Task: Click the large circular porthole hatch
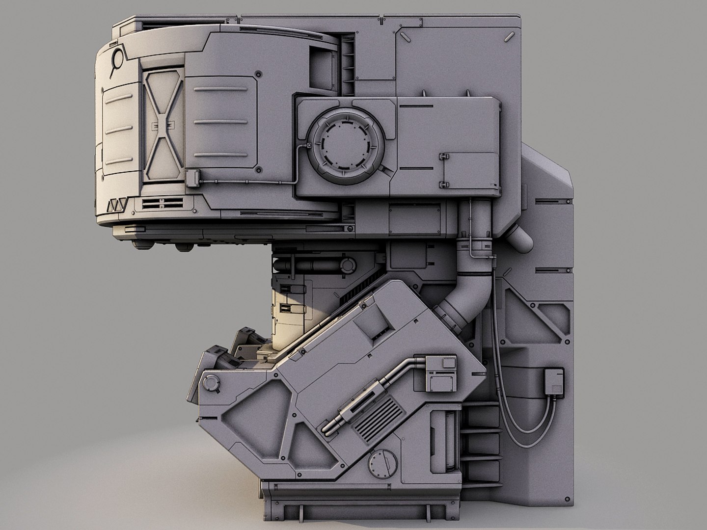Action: coord(346,145)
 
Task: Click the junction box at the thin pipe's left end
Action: coord(191,178)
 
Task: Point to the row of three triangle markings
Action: coord(117,205)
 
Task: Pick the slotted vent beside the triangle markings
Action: coord(163,203)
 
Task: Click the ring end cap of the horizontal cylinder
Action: coord(347,265)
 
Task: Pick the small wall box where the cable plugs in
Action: coord(554,381)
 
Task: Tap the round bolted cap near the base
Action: coord(382,463)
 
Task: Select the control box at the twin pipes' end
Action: coord(440,374)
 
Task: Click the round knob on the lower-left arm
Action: coord(211,382)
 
